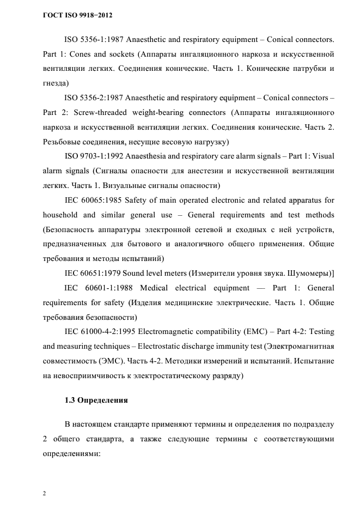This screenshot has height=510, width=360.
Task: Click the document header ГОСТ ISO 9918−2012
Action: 77,15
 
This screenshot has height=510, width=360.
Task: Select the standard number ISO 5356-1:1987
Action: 93,40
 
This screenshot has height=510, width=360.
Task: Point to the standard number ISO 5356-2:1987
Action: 93,98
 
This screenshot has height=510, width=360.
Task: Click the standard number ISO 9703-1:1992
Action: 93,156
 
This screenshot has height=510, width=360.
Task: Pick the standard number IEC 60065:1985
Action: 93,199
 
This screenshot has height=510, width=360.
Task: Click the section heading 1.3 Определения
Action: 96,400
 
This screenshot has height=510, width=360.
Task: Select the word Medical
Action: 155,287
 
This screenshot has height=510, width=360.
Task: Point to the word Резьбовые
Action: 62,142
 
